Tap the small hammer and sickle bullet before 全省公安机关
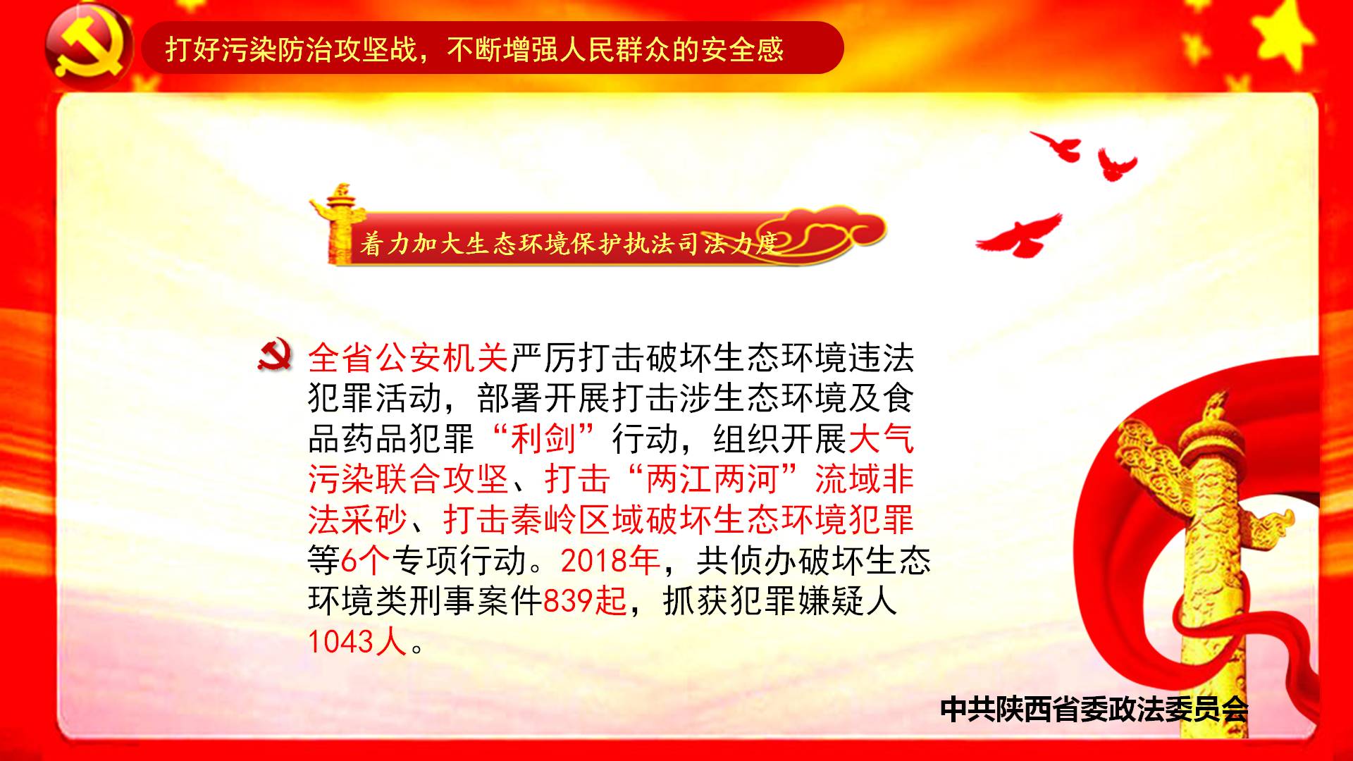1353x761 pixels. [x=275, y=357]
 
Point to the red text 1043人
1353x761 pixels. [x=357, y=641]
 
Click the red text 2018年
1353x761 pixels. [x=610, y=561]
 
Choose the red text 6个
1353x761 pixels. [x=365, y=561]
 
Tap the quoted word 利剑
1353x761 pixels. [x=543, y=439]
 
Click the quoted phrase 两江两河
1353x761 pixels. [x=715, y=480]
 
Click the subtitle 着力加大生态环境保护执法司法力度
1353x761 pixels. [x=568, y=244]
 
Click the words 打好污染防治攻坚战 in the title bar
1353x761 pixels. [x=292, y=49]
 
